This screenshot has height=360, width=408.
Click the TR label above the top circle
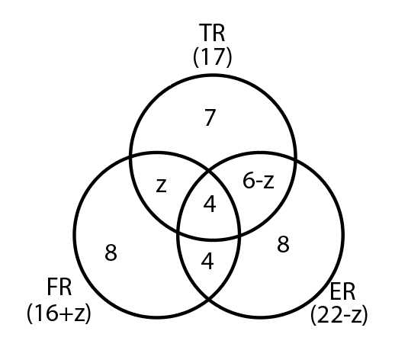click(212, 33)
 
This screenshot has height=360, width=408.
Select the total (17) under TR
click(212, 56)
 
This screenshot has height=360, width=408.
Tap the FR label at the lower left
click(59, 287)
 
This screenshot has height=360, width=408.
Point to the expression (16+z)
click(59, 313)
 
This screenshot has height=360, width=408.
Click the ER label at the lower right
click(342, 292)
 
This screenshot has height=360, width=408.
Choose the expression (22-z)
click(339, 315)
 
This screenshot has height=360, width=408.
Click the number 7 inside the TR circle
click(210, 117)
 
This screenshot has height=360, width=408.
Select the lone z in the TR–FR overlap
click(161, 185)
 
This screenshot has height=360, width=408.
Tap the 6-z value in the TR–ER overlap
click(259, 181)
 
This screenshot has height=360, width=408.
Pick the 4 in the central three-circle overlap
click(210, 204)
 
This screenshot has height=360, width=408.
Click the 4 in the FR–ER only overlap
click(207, 262)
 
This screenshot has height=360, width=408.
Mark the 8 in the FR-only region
click(111, 252)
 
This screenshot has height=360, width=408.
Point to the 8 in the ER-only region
click(283, 244)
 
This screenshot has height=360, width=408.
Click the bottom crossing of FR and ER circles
click(209, 299)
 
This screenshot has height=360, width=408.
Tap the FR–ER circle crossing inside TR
click(209, 171)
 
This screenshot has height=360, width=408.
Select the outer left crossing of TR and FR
click(130, 157)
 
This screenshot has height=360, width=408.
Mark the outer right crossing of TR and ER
click(295, 159)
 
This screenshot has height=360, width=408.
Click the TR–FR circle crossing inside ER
click(239, 236)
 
